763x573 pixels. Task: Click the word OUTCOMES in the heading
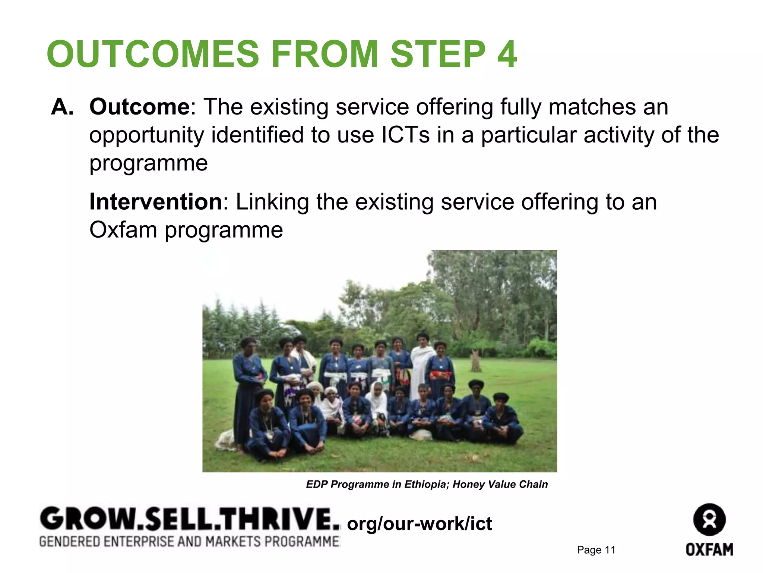click(153, 54)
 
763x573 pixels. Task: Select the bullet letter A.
click(62, 107)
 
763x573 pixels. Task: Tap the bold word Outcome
click(140, 107)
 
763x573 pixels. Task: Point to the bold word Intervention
click(156, 202)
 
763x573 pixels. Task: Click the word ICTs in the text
click(405, 135)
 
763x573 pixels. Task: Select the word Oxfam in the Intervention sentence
click(123, 230)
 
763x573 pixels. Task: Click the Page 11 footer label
click(596, 550)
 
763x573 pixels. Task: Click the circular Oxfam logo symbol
click(709, 520)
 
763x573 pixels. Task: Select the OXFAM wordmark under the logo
click(709, 549)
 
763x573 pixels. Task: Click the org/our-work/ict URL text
click(420, 524)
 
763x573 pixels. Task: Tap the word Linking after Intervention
click(272, 202)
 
